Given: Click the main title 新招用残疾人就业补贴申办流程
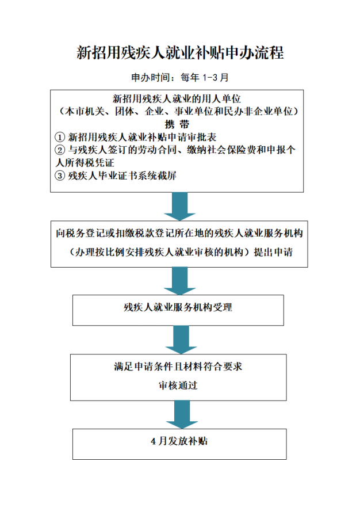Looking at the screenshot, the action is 180,52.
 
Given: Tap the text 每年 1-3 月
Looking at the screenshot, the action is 205,78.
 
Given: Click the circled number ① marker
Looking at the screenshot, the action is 60,137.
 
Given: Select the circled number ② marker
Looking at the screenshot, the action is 60,150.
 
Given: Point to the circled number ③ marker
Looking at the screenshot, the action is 60,176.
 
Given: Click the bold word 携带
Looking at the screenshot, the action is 177,124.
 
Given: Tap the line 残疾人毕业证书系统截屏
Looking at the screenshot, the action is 122,176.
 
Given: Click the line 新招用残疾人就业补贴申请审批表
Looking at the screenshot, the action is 143,137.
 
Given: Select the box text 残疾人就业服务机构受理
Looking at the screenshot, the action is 178,307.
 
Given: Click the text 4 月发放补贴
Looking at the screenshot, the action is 179,441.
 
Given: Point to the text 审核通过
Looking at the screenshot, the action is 178,385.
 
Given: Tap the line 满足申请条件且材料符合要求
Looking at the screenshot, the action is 178,367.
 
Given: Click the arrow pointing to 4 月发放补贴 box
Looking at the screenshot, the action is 182,414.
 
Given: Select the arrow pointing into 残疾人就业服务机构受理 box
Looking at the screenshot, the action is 180,281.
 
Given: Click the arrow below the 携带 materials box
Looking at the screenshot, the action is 180,206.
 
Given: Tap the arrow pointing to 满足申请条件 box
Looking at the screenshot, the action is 181,340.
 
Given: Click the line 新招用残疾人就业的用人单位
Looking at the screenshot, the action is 177,98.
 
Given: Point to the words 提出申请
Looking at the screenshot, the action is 273,252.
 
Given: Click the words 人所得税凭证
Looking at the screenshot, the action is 85,163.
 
